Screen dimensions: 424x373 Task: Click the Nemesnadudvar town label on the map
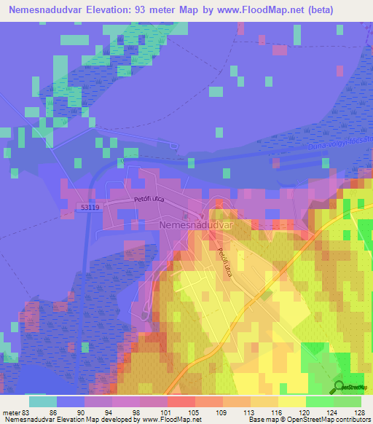(195, 226)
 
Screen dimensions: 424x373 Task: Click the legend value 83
(26, 412)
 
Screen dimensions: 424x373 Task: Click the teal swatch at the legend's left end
(42, 401)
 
